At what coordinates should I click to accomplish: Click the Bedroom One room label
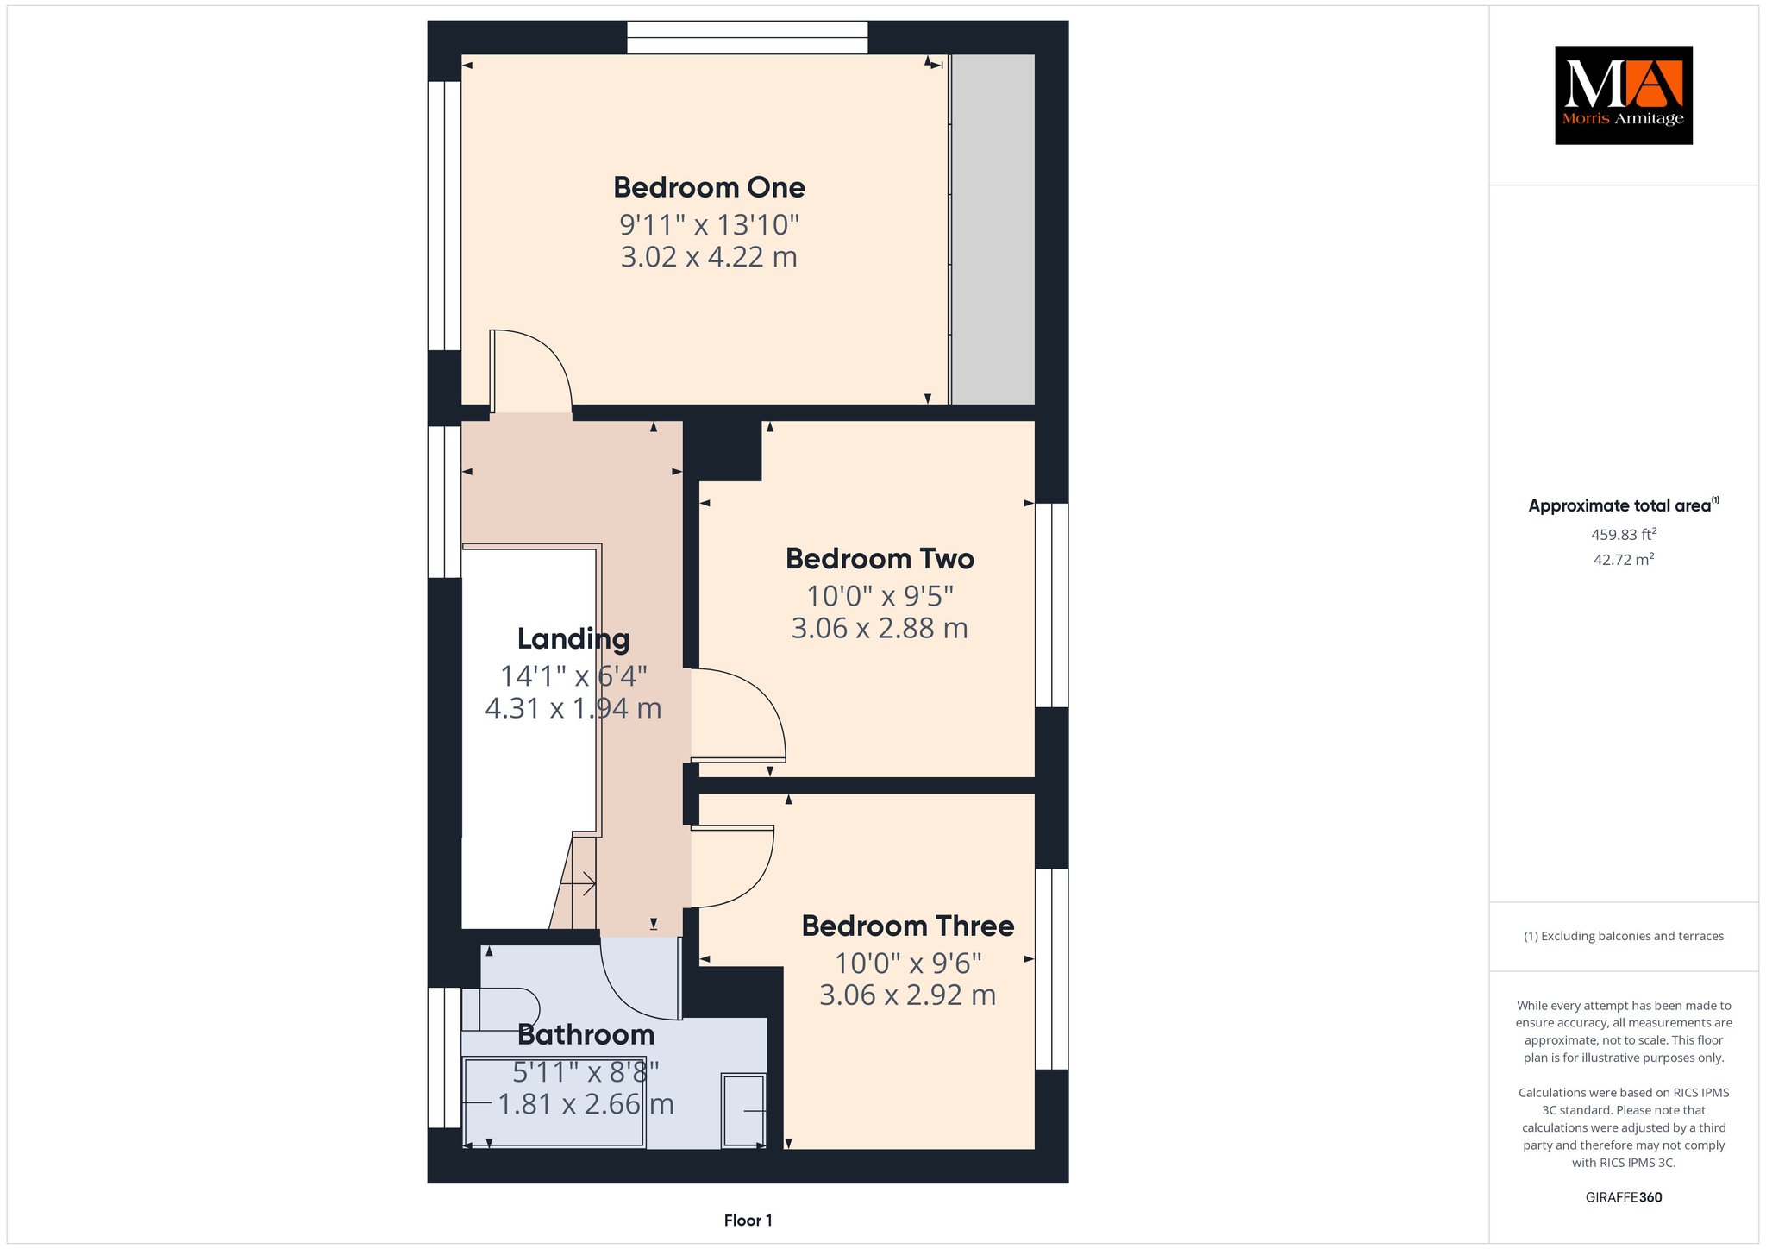tap(709, 187)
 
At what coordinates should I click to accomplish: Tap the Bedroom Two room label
tap(880, 559)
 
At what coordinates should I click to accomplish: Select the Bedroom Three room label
tap(908, 926)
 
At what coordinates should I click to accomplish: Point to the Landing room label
tap(573, 639)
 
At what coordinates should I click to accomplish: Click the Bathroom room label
tap(586, 1034)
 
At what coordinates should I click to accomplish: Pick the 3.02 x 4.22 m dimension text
tap(709, 257)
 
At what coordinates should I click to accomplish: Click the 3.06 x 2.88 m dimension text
tap(880, 628)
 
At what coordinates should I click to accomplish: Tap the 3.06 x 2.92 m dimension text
tap(908, 995)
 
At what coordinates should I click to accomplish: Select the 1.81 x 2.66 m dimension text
tap(586, 1104)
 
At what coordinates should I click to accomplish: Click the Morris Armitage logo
tap(1624, 95)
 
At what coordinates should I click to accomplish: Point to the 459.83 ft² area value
tap(1624, 535)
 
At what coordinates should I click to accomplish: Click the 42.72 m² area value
tap(1624, 560)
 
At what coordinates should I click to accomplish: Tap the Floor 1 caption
tap(748, 1221)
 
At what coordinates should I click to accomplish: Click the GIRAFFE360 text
tap(1624, 1197)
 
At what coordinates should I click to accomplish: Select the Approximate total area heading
tap(1624, 505)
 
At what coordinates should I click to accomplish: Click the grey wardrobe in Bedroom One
tap(993, 229)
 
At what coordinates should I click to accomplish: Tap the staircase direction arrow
tap(578, 883)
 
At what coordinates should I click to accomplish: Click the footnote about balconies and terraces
tap(1624, 936)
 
